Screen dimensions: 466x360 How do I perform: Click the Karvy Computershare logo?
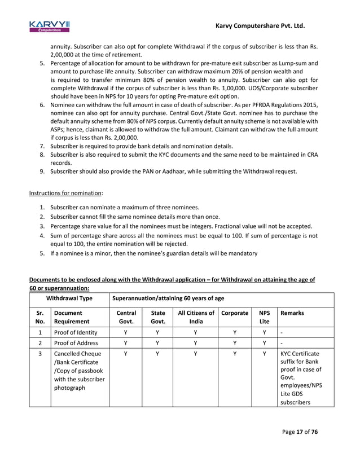[x=49, y=26]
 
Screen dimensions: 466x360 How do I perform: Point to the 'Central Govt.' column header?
[x=126, y=316]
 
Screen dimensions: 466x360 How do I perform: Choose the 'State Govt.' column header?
[x=158, y=316]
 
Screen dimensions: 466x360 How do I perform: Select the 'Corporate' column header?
[x=235, y=313]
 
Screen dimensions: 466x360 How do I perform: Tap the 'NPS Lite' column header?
[x=264, y=316]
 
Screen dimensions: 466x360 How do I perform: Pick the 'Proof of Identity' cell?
[x=76, y=332]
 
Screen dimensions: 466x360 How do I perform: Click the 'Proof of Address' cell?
[x=76, y=343]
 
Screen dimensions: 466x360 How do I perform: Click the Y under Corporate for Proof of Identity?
[x=235, y=332]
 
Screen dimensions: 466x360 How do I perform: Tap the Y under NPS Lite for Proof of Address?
[x=264, y=343]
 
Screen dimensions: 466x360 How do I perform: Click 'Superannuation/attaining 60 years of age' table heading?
[x=168, y=298]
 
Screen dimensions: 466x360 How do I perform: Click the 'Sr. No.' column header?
[x=39, y=316]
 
